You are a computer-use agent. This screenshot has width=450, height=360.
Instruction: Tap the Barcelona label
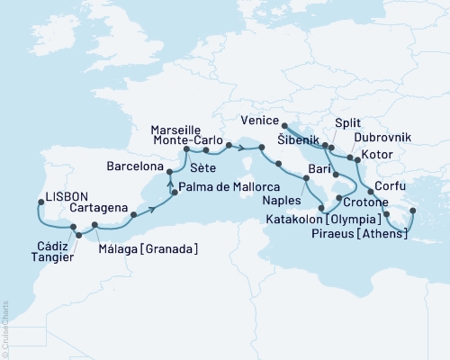(x=135, y=167)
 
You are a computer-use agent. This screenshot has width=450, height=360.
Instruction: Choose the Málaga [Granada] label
(x=148, y=248)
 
